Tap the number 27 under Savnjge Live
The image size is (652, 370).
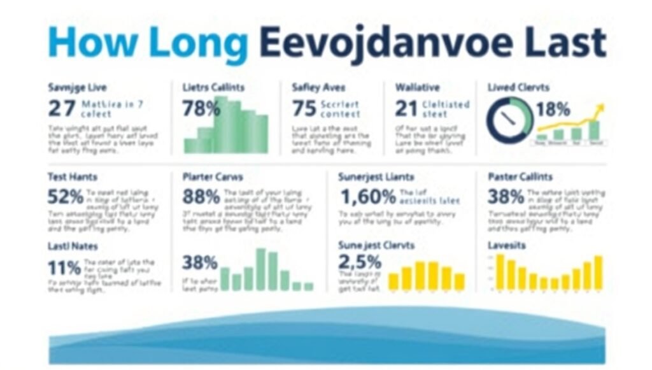click(x=62, y=108)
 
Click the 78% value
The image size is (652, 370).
click(x=200, y=108)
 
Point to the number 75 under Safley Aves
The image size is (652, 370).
click(x=304, y=108)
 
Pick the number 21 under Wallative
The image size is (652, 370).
click(x=406, y=108)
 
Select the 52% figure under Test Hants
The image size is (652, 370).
click(x=66, y=196)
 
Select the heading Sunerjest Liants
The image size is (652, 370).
click(x=376, y=177)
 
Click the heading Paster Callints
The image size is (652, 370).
click(x=520, y=177)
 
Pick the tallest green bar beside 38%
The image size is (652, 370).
click(x=260, y=269)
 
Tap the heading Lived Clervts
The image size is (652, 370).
click(x=518, y=87)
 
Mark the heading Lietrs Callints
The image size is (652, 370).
click(x=213, y=87)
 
